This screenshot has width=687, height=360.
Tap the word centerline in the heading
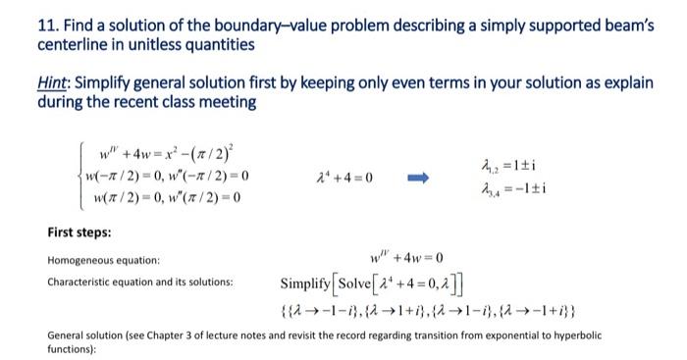79,45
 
